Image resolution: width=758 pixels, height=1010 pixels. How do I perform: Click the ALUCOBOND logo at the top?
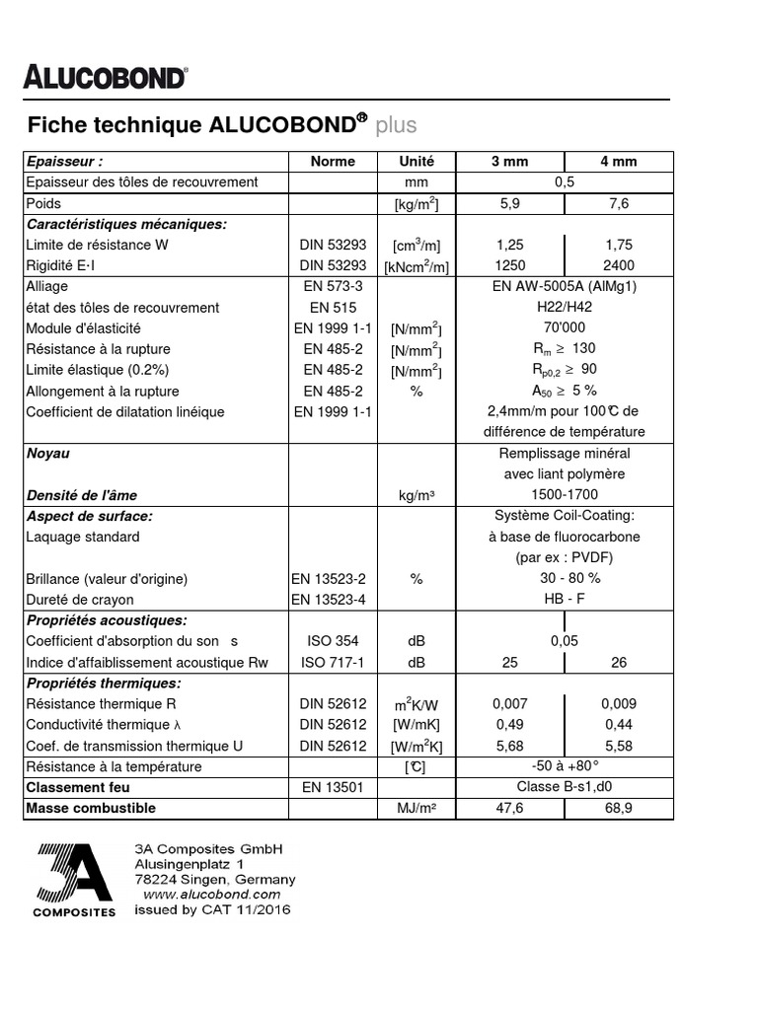click(x=105, y=78)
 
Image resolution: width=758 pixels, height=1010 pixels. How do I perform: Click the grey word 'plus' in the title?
click(x=396, y=125)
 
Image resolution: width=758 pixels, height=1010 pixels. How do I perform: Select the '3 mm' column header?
click(x=509, y=162)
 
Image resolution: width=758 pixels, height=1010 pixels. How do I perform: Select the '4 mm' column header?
click(x=619, y=162)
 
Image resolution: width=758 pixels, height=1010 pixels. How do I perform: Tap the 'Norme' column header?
click(x=333, y=162)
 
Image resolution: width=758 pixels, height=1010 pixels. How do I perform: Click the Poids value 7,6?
click(x=619, y=203)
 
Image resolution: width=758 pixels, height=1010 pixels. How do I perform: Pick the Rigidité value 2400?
click(x=619, y=265)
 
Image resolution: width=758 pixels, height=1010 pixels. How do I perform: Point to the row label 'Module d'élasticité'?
click(x=83, y=328)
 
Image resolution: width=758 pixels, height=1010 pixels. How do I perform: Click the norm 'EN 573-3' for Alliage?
click(x=333, y=286)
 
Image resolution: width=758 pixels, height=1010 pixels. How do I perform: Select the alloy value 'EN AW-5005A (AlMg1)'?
click(x=564, y=286)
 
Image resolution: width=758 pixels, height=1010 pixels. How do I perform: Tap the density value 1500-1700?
click(x=564, y=495)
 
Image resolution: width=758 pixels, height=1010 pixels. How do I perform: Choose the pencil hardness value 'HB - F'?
click(x=564, y=600)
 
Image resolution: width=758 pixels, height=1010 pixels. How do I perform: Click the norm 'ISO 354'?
click(x=333, y=641)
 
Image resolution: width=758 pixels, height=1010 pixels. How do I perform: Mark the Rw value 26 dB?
click(x=619, y=662)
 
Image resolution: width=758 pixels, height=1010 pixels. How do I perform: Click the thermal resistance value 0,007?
click(x=509, y=704)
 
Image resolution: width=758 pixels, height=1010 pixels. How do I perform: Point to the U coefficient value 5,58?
click(x=619, y=746)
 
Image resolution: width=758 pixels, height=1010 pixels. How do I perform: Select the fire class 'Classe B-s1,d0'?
click(x=564, y=787)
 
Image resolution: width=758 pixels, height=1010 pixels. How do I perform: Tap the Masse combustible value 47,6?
click(x=509, y=808)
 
